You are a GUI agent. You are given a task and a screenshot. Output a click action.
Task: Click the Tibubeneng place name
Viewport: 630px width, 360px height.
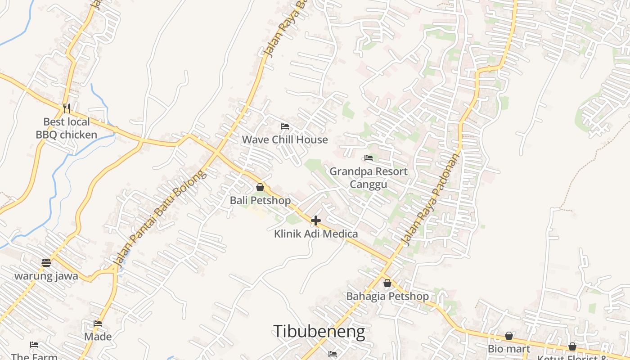tap(319, 332)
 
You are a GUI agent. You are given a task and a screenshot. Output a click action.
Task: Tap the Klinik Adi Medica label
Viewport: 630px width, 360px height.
tap(316, 234)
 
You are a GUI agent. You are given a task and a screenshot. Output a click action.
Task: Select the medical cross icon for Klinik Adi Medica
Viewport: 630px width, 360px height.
tap(316, 220)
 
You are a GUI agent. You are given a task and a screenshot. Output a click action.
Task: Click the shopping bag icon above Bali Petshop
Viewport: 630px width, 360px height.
tap(260, 187)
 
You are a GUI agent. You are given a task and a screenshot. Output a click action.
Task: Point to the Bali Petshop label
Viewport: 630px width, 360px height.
tap(260, 200)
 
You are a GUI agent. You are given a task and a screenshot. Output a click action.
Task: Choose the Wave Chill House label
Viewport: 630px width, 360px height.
tap(285, 139)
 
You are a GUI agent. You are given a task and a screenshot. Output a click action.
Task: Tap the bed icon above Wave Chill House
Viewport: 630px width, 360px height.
tap(284, 126)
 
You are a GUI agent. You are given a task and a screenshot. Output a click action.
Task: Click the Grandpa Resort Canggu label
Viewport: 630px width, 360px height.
tap(369, 178)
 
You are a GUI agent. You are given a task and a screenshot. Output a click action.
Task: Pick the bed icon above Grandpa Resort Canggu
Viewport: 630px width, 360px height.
tap(369, 158)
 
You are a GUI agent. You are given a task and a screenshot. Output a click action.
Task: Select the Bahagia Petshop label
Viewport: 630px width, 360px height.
tap(387, 297)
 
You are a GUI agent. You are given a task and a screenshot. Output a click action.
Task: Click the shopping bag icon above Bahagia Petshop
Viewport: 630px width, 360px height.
tap(387, 283)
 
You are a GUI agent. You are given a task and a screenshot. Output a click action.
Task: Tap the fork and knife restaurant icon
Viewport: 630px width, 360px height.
tap(67, 108)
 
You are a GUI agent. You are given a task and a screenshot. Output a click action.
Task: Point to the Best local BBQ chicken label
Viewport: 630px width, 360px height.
tap(67, 128)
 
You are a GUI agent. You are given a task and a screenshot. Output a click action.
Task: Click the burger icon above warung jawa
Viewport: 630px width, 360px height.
tap(46, 262)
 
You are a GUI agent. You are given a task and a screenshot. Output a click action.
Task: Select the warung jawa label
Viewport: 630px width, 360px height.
tap(46, 276)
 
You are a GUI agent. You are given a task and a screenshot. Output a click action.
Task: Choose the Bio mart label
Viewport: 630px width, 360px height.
tap(509, 349)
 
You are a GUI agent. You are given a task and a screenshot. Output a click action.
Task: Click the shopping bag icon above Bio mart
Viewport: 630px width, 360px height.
tap(509, 336)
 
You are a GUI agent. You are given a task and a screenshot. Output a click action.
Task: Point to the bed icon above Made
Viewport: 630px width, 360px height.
tap(98, 323)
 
